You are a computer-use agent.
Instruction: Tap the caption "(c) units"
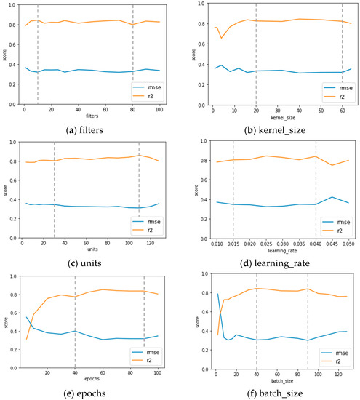[91, 263]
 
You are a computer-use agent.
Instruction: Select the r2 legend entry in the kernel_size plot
[332, 95]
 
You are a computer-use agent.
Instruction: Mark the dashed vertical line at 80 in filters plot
[133, 58]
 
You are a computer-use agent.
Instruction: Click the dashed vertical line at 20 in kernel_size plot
[256, 58]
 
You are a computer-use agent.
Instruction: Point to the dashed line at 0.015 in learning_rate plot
[233, 189]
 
